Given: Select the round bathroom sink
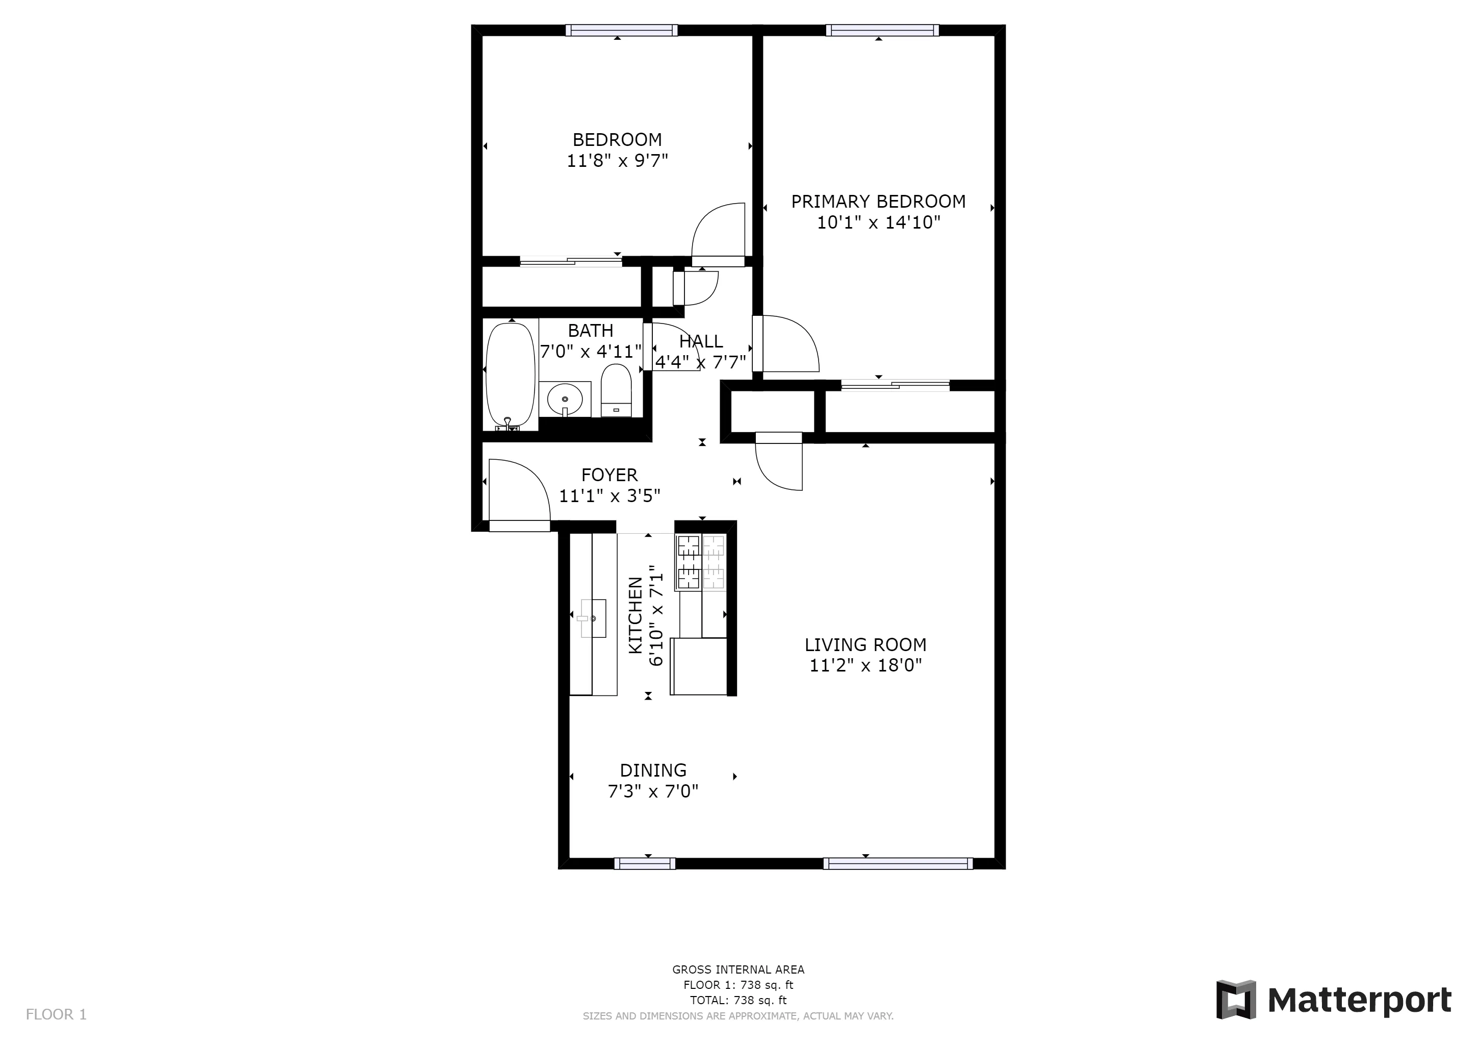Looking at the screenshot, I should tap(565, 400).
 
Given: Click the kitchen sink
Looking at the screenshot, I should tap(594, 618).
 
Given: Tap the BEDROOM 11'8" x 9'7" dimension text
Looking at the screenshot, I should tap(617, 160).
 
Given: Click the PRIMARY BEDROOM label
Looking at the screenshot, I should tap(878, 202).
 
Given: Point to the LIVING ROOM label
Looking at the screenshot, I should tap(865, 645).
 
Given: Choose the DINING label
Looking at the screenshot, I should tap(653, 770).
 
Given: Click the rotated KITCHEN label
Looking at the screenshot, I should tap(635, 615).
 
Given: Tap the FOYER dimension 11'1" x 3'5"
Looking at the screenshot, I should tap(609, 495).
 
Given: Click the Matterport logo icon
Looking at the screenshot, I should tap(1235, 999).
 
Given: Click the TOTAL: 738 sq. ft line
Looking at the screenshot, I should tap(738, 1000).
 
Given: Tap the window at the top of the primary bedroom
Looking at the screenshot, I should tap(882, 30).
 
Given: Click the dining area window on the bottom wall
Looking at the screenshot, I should tap(645, 863).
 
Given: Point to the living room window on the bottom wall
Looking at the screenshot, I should tap(898, 863).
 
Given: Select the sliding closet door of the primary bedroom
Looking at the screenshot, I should tap(895, 385).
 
